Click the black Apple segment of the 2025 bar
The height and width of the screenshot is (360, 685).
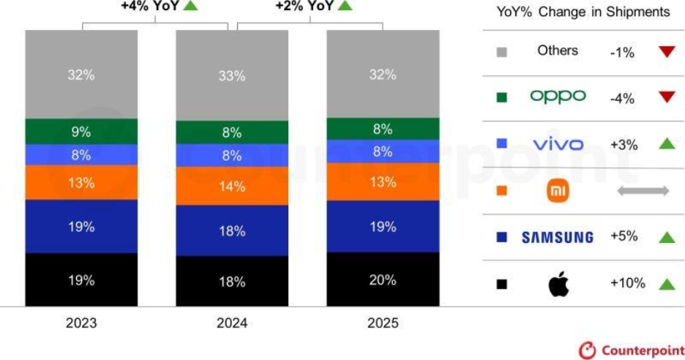383,280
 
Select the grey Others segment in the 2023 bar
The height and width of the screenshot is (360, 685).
81,74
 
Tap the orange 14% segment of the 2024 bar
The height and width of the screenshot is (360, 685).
232,186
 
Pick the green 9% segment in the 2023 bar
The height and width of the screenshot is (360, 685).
81,132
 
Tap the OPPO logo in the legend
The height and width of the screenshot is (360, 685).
558,97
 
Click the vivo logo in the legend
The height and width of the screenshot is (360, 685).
558,144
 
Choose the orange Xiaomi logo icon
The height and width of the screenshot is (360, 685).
558,192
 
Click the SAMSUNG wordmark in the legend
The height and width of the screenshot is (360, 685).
558,238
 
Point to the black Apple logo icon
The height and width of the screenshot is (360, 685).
558,284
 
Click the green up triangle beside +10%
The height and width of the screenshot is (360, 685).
666,284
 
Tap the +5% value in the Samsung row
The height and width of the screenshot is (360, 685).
624,237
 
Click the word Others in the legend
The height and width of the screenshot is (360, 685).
558,50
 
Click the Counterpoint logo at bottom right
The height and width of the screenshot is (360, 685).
630,350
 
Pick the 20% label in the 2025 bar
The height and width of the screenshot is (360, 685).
383,280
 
